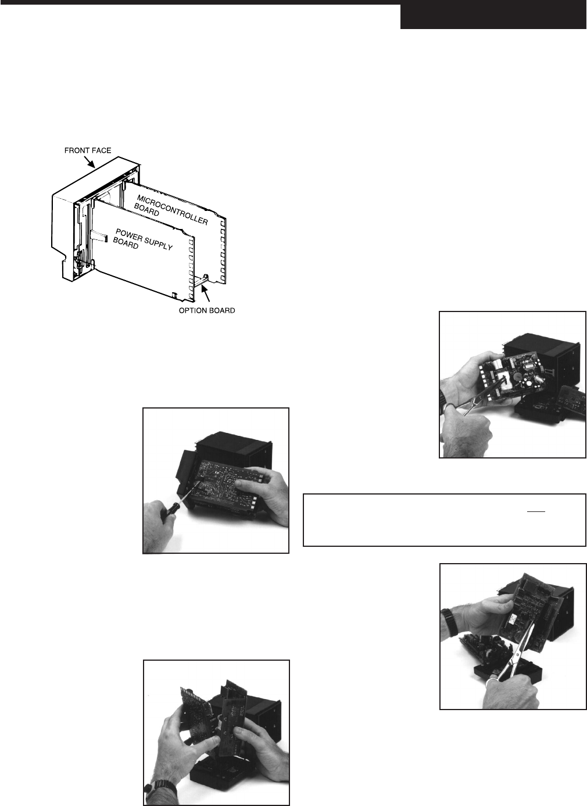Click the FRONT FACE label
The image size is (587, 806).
[x=88, y=151]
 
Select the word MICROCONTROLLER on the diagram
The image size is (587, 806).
[x=173, y=210]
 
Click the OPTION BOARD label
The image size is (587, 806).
[x=207, y=310]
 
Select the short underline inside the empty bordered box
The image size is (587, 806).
[x=536, y=511]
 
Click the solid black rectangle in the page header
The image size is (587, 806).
[x=493, y=16]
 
